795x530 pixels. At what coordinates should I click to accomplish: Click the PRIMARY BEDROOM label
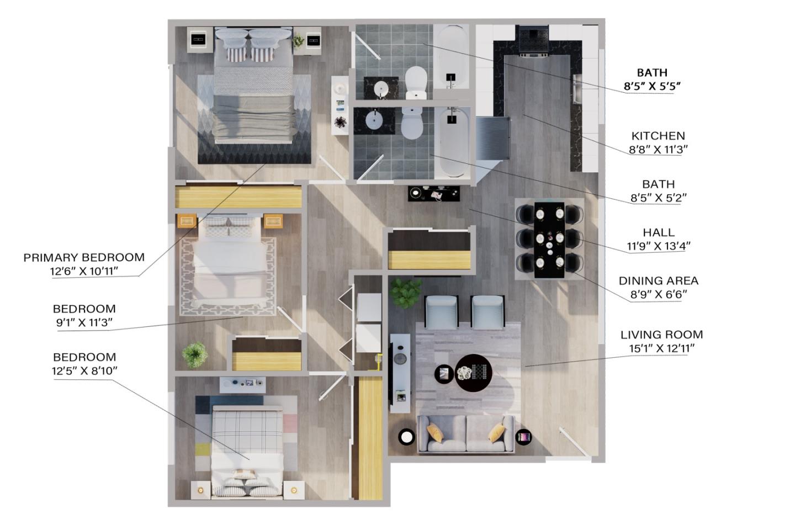pos(84,257)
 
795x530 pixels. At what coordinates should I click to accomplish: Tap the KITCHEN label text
pos(658,136)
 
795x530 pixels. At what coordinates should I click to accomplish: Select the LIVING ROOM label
pos(661,335)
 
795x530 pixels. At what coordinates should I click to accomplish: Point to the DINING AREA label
pos(658,281)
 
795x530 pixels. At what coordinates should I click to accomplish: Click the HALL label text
pos(658,232)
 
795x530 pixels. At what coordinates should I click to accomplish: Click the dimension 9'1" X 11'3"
pos(84,322)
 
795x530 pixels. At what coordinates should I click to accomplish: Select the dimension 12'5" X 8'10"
pos(84,370)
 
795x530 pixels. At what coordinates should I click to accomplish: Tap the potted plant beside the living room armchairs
pos(405,293)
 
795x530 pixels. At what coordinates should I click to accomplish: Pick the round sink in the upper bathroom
pos(381,88)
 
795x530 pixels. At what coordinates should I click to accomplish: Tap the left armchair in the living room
pos(442,311)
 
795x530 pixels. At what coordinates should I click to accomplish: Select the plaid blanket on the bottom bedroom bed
pos(247,432)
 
